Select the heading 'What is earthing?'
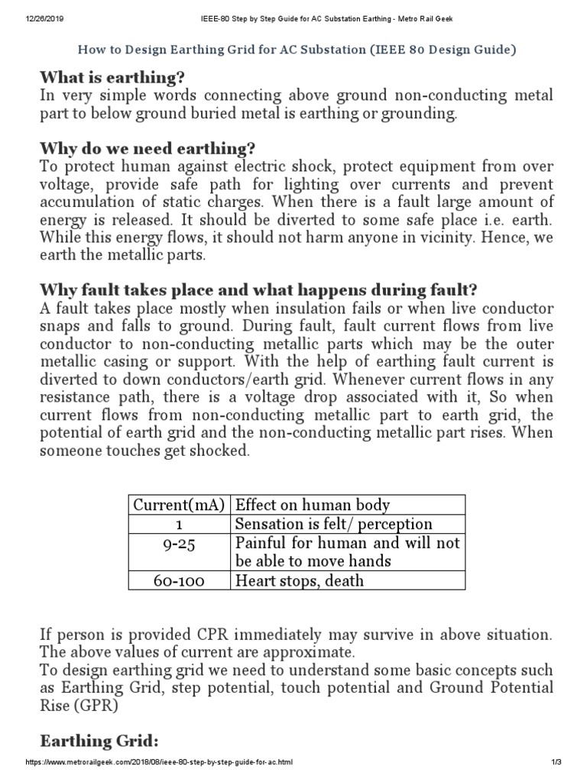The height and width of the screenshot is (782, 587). click(112, 78)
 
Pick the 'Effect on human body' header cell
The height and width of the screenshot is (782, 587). click(313, 505)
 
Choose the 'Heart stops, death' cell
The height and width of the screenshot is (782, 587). click(300, 581)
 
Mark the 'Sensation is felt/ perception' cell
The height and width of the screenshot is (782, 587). click(334, 524)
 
